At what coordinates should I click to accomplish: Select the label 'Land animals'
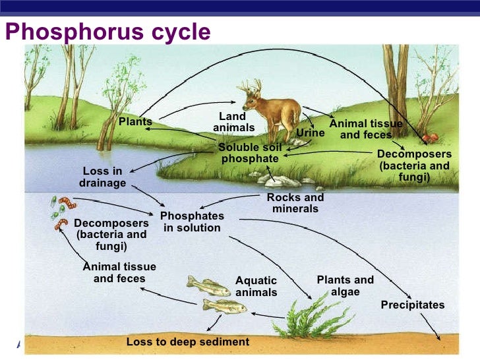233,122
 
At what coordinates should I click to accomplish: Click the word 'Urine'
310,133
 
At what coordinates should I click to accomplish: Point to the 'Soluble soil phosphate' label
249,152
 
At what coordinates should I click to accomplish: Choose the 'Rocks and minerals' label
295,203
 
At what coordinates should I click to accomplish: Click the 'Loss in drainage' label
102,177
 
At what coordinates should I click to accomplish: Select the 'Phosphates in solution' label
192,222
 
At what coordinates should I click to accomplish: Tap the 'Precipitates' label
413,305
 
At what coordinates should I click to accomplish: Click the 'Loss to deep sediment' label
188,342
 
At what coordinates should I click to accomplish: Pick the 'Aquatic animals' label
256,287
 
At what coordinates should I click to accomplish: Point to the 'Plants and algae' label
345,285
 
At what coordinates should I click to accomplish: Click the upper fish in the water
208,285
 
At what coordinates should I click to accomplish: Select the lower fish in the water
224,306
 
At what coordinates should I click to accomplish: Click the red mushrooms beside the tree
430,138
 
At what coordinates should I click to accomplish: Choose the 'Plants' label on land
135,122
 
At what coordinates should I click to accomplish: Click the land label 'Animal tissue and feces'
365,129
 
